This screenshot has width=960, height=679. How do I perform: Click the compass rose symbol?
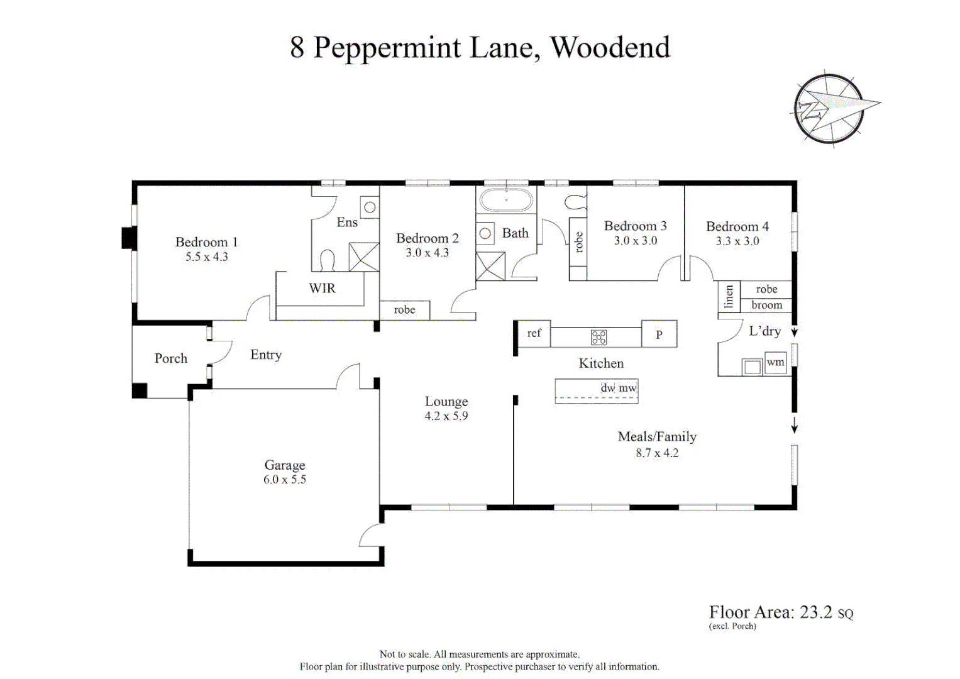tap(829, 108)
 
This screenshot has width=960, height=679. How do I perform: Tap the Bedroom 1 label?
tap(207, 242)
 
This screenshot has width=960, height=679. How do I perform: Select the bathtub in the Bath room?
tap(506, 200)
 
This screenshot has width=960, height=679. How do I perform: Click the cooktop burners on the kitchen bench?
tap(599, 338)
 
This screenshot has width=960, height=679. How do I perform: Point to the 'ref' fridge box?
tap(533, 333)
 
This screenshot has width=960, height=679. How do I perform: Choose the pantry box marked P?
tap(659, 334)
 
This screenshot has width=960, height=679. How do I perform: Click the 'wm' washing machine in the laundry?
tap(775, 363)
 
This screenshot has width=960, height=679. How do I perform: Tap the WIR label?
tap(323, 288)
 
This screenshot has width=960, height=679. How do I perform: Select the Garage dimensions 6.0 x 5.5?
tap(285, 479)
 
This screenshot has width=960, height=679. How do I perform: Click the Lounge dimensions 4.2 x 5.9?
tap(446, 416)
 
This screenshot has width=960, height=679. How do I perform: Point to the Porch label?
tap(171, 358)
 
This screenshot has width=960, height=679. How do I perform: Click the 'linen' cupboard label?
tap(729, 296)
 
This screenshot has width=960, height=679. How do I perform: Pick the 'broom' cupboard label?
tap(767, 305)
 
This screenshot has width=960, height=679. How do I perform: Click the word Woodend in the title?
tap(610, 48)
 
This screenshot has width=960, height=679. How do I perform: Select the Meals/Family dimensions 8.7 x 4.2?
tap(657, 453)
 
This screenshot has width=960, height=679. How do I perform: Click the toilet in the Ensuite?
tap(328, 260)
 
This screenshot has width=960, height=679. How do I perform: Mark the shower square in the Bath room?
tap(491, 266)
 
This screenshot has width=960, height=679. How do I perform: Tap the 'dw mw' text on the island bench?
tap(619, 388)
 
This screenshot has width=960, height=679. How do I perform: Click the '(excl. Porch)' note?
tap(732, 626)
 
